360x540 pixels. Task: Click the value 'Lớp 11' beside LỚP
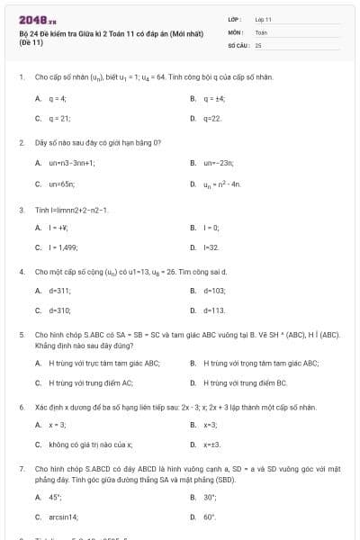(263, 19)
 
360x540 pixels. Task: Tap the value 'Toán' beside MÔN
(261, 31)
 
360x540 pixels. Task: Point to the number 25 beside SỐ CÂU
(258, 44)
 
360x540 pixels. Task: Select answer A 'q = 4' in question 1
(58, 98)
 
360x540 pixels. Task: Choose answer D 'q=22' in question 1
(212, 118)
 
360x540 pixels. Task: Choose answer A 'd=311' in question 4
(60, 291)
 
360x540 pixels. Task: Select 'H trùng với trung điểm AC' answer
(90, 383)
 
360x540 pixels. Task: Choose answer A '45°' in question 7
(55, 497)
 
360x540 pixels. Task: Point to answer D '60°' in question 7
(210, 517)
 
